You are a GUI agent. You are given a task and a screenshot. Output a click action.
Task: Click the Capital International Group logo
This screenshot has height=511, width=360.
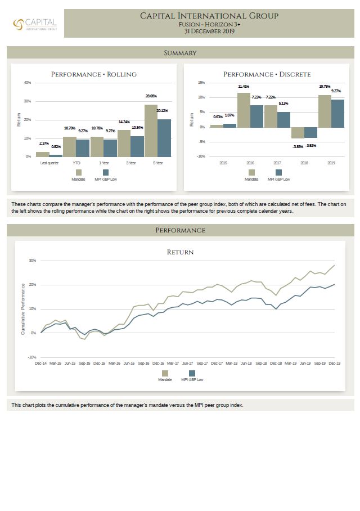pos(35,24)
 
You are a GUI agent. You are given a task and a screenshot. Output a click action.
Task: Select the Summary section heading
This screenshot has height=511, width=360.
pos(180,53)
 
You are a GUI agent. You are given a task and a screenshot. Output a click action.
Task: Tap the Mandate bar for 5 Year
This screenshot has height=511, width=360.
pos(151,131)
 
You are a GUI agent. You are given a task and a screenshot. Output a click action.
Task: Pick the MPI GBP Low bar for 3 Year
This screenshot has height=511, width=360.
pos(137,146)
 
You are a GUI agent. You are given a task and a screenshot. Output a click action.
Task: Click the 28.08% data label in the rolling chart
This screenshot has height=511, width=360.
pos(151,96)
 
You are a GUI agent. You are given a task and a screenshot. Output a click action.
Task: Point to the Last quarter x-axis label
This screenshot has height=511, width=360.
pos(49,163)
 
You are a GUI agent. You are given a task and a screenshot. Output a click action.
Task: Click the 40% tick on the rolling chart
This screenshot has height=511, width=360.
pos(28,83)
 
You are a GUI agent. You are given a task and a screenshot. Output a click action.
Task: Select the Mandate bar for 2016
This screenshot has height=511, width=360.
pos(244,110)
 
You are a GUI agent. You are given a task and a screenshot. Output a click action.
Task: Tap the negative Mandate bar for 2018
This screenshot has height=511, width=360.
pos(298,133)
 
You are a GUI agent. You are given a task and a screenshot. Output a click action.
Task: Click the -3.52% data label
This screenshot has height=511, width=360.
pos(311,146)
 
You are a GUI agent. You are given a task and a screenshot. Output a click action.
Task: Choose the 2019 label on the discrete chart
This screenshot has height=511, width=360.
pos(331,163)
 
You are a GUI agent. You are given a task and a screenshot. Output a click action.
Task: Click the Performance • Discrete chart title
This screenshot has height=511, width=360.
pos(267,74)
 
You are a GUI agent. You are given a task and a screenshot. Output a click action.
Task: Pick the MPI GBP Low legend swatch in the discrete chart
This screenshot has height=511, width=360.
pos(278,173)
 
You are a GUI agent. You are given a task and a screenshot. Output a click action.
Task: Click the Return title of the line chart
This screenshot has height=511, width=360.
pos(180,252)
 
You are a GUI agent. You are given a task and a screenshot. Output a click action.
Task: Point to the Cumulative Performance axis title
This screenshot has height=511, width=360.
pos(23,309)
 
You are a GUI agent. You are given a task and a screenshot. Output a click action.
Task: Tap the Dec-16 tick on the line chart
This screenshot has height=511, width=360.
pos(158,364)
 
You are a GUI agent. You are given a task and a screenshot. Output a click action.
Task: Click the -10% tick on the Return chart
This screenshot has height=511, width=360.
pos(32,357)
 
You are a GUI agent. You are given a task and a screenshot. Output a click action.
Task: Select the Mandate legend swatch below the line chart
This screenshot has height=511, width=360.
pos(165,373)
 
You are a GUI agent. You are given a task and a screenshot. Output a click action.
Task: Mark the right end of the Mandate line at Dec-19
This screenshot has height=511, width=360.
pos(334,265)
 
